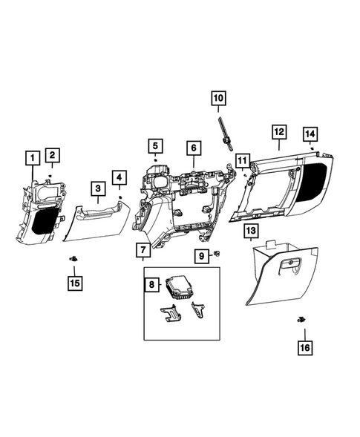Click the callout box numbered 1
point(31,157)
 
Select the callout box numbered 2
point(51,155)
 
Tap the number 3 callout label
point(98,190)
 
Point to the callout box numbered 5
point(119,178)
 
